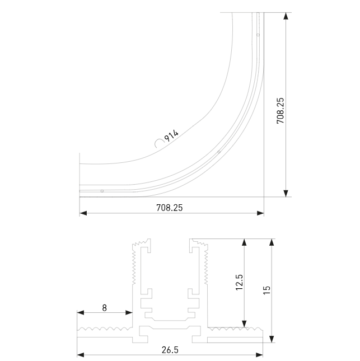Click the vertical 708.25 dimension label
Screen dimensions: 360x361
coord(280,111)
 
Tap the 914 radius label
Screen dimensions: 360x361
coord(171,135)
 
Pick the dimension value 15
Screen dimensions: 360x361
coord(267,289)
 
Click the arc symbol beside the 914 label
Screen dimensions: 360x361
coord(159,142)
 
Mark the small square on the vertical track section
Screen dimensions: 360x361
coord(258,35)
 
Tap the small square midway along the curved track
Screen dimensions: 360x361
coord(219,152)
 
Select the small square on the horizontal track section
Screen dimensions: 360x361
coord(102,191)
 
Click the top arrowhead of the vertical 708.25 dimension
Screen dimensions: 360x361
coord(286,16)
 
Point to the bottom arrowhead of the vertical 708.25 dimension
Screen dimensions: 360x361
coord(286,193)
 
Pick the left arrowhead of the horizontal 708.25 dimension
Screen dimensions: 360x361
coord(83,213)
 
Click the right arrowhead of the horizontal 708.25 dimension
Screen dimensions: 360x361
coord(260,213)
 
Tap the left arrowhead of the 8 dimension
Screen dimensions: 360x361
coord(81,313)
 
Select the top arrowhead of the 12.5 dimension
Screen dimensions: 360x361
coord(244,242)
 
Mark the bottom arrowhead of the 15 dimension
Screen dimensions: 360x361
coord(272,339)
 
